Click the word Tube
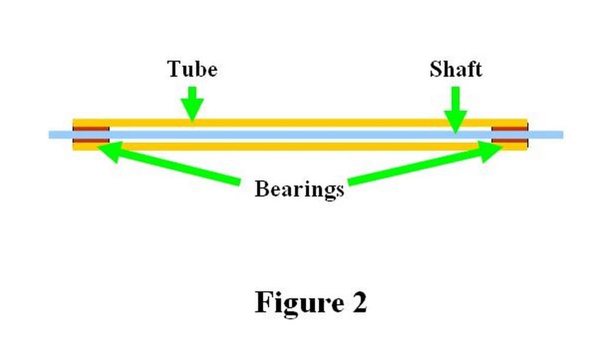pos(192,69)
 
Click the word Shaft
pos(456,69)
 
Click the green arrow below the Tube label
pos(192,104)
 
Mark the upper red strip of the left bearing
pos(91,128)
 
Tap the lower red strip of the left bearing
pos(91,141)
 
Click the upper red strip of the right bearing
pos(509,128)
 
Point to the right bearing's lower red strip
pos(509,141)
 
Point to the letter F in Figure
pos(264,302)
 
